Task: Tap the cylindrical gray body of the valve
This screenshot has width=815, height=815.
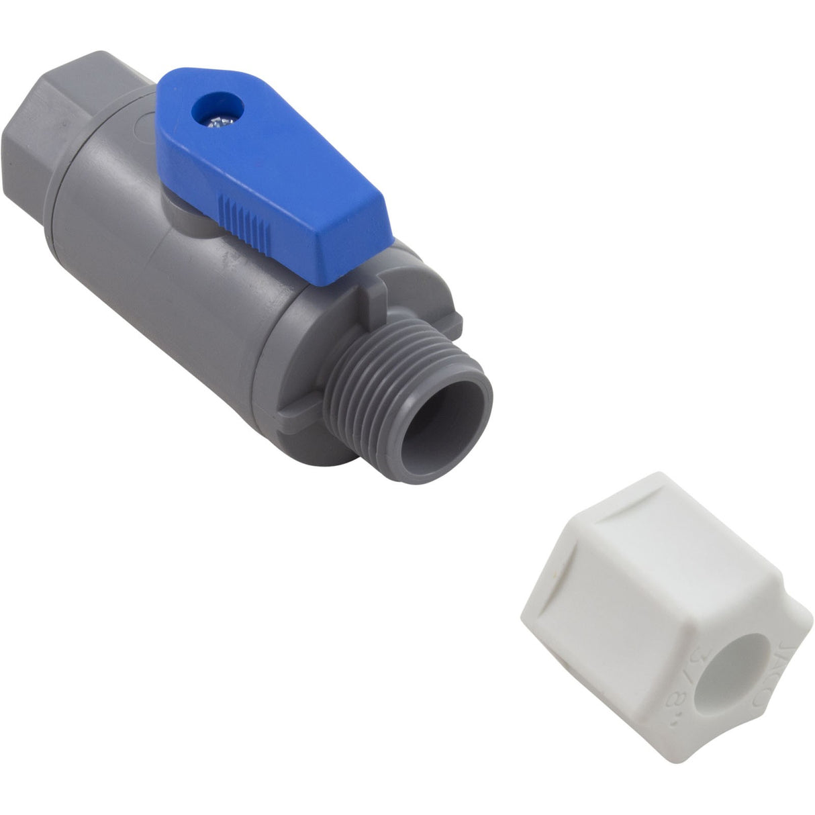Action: (168, 269)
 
